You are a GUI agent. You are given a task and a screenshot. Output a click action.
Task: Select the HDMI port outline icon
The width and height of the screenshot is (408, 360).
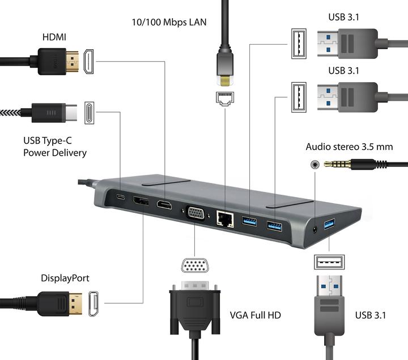tap(90, 61)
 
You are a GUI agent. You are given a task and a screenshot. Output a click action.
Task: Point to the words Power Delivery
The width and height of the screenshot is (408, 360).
tap(55, 152)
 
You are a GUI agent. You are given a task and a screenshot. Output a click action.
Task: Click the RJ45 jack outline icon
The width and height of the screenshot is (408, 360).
tap(225, 98)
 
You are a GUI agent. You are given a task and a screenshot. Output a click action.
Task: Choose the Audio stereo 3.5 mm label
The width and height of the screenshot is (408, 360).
tap(349, 147)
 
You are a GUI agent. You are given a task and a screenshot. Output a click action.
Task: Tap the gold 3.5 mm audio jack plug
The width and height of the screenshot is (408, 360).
tap(337, 164)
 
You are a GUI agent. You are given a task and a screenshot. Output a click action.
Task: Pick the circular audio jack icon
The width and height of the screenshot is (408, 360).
tap(313, 164)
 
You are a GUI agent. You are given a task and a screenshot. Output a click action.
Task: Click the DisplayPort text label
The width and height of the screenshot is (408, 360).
tap(65, 278)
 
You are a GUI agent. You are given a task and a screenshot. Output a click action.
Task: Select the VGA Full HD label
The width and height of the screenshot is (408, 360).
tap(255, 315)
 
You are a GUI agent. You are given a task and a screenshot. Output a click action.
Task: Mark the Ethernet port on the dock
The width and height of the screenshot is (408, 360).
tap(224, 218)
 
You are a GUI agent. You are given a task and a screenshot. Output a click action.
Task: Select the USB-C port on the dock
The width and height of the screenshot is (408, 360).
tap(121, 197)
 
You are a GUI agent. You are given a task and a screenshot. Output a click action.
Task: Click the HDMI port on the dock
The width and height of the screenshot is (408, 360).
tap(164, 205)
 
